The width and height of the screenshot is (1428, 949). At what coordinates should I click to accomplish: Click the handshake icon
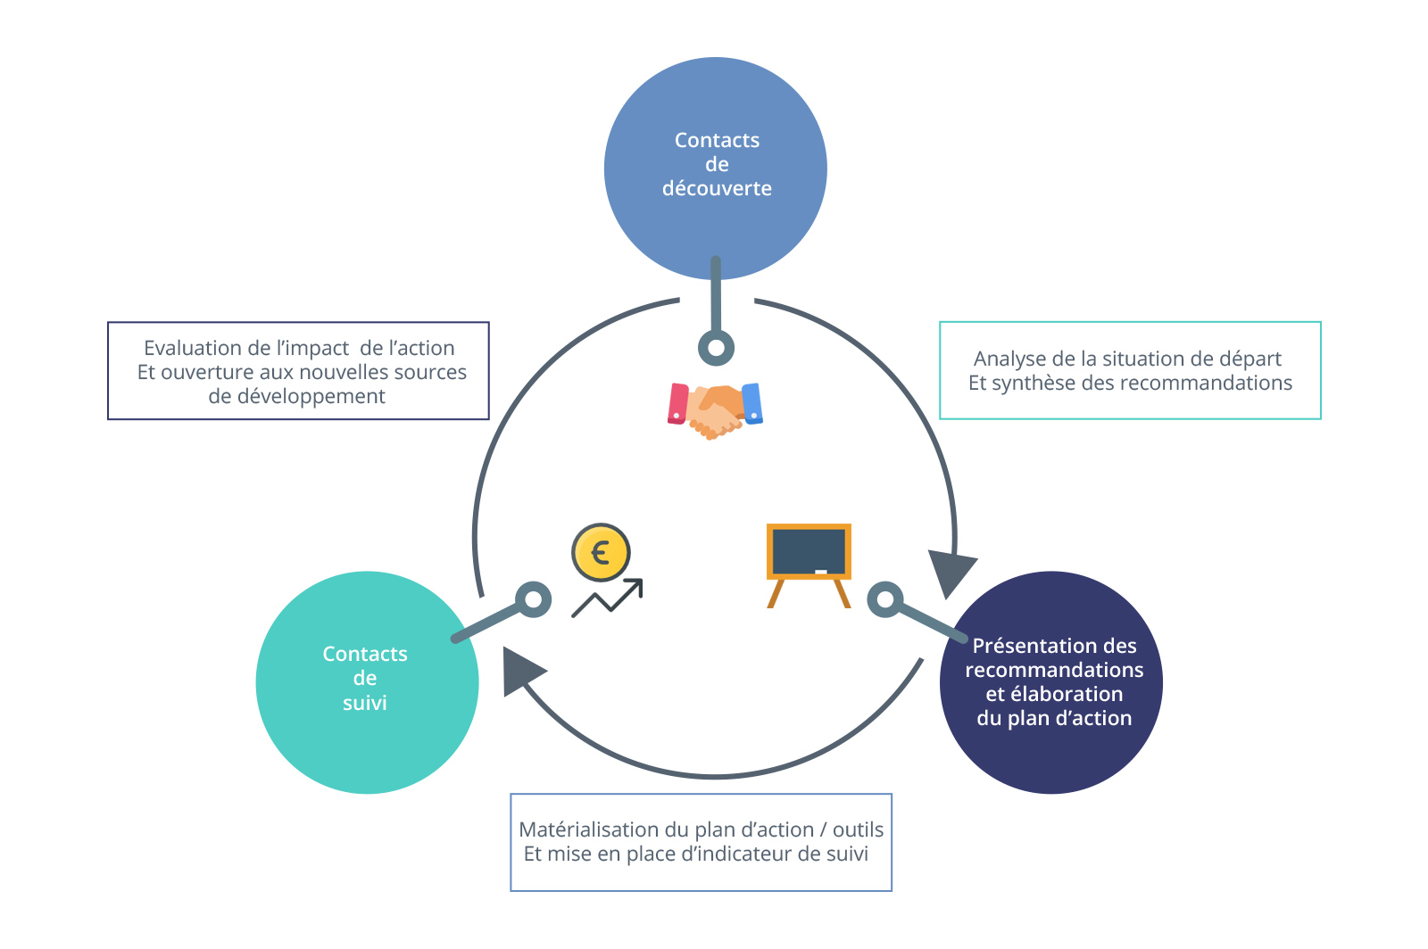coord(715,411)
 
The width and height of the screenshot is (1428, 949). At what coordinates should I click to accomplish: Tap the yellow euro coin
coord(601,552)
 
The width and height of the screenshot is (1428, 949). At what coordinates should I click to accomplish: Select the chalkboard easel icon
coord(809,565)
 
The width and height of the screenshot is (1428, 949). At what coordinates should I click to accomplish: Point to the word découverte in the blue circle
coord(717,188)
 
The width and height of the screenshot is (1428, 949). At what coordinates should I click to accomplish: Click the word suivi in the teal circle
coord(365,703)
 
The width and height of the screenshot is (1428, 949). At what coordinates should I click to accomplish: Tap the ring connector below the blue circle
coord(716,348)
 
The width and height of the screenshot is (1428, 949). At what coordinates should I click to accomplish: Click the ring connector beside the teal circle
coord(533,599)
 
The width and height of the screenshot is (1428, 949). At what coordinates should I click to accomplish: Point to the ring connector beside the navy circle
coord(884,599)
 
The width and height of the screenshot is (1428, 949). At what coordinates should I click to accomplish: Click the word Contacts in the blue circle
coord(718,140)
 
